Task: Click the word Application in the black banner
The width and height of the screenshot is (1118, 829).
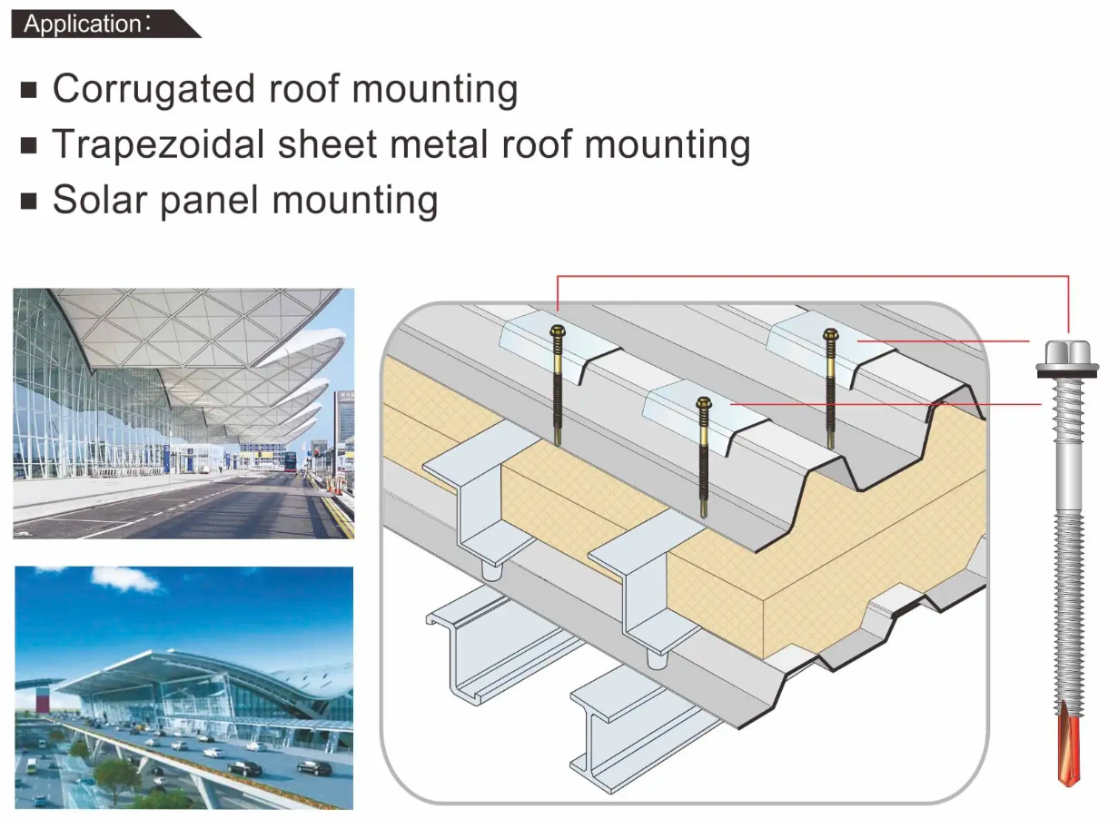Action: [83, 25]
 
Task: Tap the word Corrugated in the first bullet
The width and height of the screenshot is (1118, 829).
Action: [153, 90]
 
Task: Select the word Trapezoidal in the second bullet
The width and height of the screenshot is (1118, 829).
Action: [158, 144]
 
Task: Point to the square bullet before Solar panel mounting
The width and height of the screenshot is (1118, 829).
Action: [29, 201]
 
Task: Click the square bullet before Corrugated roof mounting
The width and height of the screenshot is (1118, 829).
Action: [29, 90]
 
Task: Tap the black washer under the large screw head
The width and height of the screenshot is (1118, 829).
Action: [1067, 373]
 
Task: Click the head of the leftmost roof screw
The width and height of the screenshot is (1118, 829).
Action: [558, 331]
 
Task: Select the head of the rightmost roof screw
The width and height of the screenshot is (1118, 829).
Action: [831, 334]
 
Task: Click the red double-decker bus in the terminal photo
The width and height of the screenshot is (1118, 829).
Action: [291, 461]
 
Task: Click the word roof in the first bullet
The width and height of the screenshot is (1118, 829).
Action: [303, 90]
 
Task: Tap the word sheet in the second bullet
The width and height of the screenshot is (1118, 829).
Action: [327, 144]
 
